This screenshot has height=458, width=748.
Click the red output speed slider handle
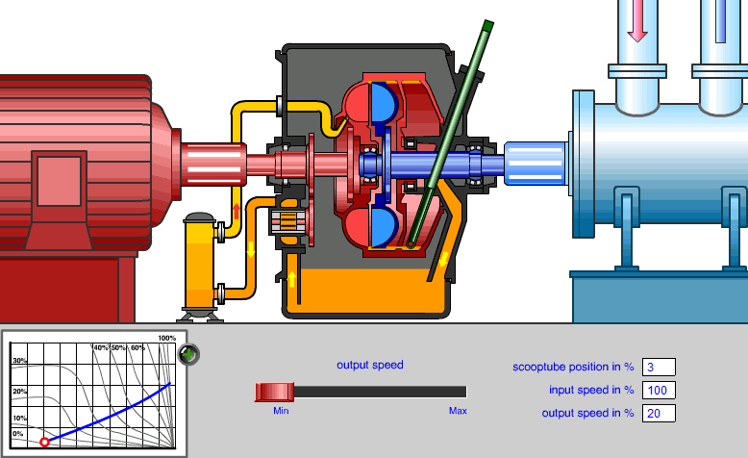[275, 391]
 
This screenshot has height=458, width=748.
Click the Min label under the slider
[282, 410]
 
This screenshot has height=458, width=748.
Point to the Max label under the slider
[458, 410]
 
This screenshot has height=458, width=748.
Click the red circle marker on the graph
[44, 442]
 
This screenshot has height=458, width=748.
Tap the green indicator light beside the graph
[189, 354]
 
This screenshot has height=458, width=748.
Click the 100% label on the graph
[166, 339]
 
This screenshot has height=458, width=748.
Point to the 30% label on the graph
[19, 361]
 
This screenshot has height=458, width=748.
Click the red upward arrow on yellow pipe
[237, 211]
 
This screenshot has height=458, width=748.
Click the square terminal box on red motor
[60, 180]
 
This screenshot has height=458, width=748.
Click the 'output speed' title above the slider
[370, 365]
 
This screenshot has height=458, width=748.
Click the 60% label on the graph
[137, 346]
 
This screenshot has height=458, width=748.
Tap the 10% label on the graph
[19, 419]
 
